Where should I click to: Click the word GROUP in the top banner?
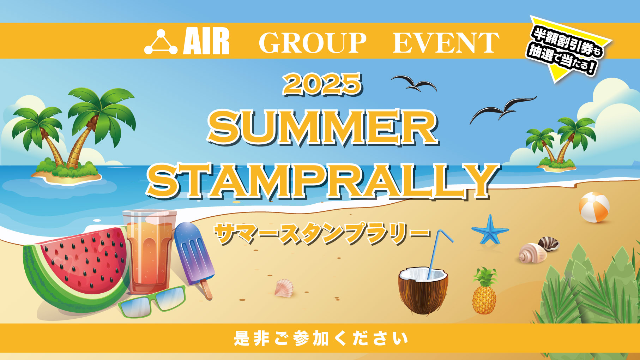313,43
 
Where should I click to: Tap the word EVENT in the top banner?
446,43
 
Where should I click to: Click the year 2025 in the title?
322,84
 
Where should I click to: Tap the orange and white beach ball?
594,207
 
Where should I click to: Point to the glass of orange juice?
150,251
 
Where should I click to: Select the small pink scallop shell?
284,287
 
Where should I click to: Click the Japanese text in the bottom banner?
320,338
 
